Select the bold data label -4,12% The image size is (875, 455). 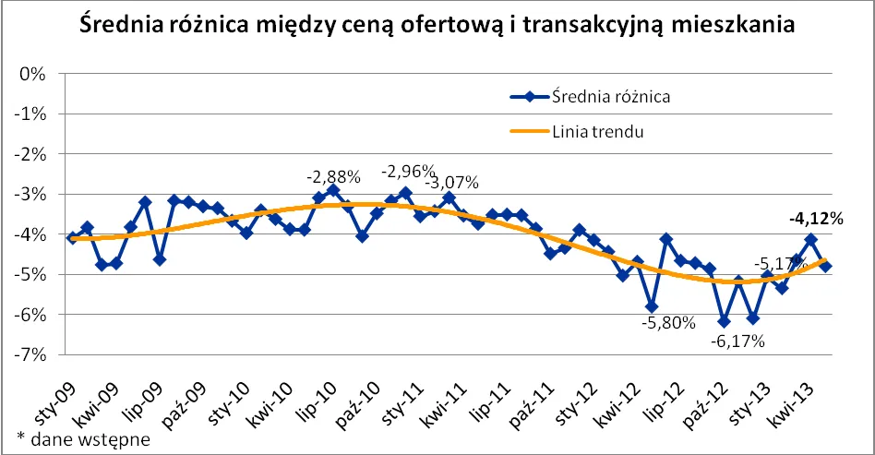click(817, 219)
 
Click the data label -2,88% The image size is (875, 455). click(332, 174)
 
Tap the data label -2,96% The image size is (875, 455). click(408, 171)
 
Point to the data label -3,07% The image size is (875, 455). click(451, 182)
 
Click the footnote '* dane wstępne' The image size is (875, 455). click(83, 438)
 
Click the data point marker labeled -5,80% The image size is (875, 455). click(652, 307)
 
